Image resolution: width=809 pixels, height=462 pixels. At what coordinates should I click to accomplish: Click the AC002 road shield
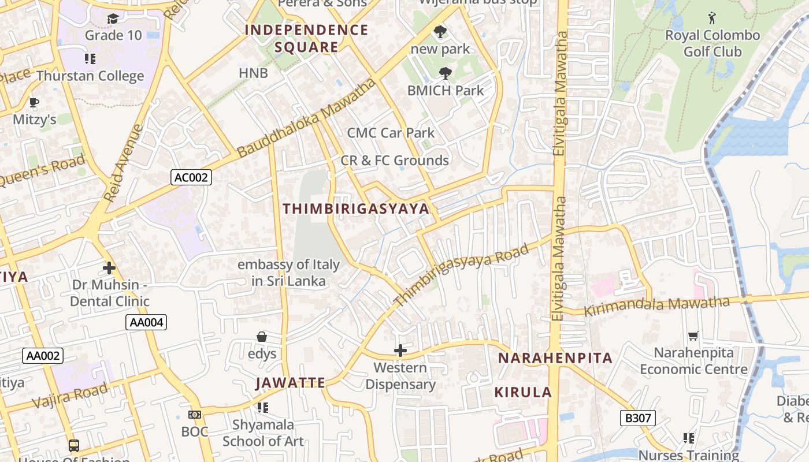191,177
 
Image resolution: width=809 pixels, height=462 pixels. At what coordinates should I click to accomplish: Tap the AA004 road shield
146,322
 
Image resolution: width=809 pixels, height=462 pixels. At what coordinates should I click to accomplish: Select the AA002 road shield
43,355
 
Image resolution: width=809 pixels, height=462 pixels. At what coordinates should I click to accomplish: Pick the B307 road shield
638,418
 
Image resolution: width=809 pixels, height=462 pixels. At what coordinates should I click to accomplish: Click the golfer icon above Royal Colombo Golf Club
712,18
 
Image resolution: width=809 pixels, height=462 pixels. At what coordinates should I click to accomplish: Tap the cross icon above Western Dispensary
400,350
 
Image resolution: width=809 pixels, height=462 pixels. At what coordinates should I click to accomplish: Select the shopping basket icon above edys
262,336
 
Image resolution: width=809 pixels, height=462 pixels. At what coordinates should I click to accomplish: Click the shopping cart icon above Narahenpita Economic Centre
693,336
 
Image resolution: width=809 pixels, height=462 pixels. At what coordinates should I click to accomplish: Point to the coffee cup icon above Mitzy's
34,103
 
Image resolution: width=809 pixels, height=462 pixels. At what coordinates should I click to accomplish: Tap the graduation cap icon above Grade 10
112,18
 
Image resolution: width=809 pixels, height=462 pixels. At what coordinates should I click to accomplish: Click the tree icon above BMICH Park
445,73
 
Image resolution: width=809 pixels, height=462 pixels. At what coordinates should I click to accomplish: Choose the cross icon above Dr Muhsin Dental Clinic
109,268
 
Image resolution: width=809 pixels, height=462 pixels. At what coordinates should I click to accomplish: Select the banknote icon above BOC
195,415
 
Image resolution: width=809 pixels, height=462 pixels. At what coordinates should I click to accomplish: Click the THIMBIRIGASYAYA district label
356,209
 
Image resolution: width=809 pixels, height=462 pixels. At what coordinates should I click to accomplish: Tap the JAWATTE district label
291,383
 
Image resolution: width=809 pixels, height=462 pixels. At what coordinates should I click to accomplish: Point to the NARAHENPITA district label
555,358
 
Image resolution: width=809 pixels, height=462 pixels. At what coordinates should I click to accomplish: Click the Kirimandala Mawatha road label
657,306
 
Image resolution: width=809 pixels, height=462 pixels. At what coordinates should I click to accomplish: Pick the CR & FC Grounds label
395,161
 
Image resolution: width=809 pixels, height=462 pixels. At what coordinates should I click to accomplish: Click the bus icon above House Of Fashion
74,445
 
